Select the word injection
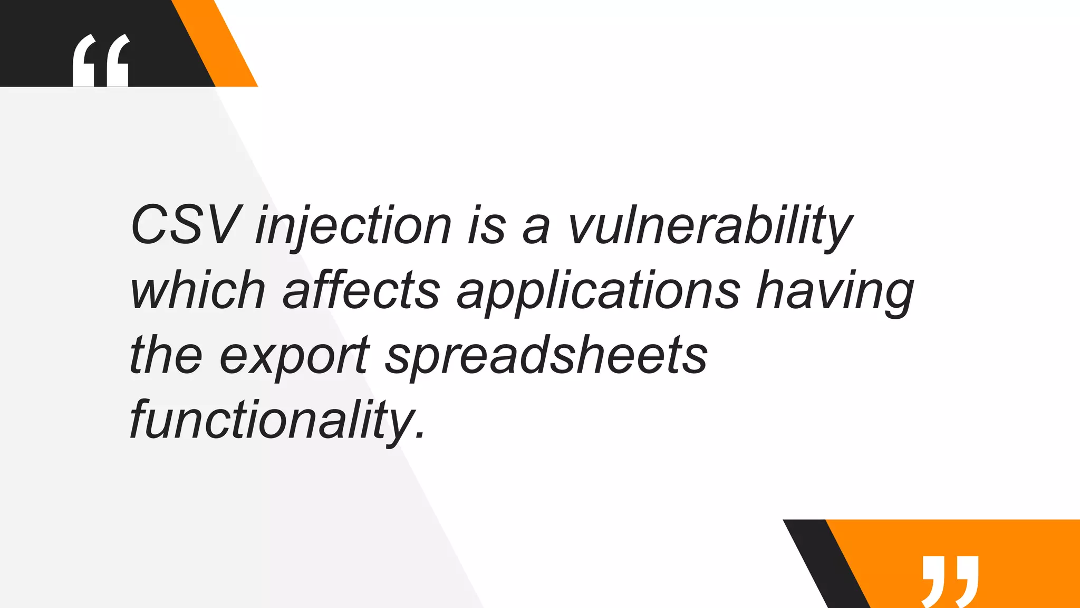click(x=353, y=227)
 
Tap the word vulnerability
click(x=710, y=227)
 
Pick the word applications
click(x=599, y=292)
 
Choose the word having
click(x=835, y=292)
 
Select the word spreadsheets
click(x=546, y=356)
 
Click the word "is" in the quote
click(x=487, y=227)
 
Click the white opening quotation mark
click(x=101, y=61)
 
